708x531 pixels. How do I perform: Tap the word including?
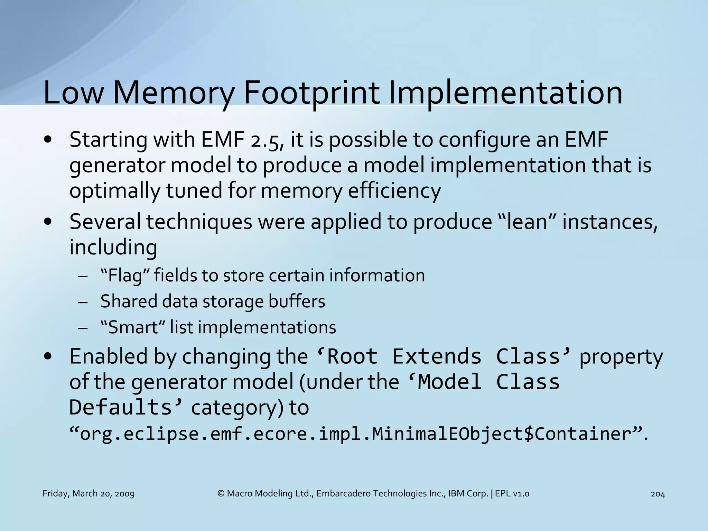tap(113, 248)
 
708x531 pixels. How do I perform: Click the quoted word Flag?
tap(124, 276)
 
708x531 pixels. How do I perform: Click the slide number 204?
tap(658, 494)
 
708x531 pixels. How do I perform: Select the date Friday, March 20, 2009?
tap(88, 494)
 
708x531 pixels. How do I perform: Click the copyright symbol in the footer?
tap(221, 494)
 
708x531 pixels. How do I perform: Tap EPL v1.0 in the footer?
tap(512, 494)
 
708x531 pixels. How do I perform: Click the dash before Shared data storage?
tap(83, 302)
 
